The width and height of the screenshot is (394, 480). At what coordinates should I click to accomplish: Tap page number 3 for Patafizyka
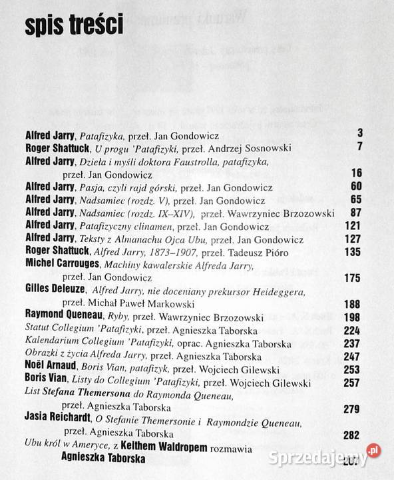point(359,133)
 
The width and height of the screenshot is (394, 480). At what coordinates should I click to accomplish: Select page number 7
point(359,146)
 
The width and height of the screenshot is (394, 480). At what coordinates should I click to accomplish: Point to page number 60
point(355,186)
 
